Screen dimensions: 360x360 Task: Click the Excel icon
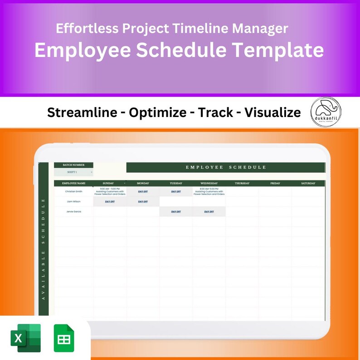(x=25, y=338)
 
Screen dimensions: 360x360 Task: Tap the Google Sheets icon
(x=63, y=338)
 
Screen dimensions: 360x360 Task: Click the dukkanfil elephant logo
(x=326, y=112)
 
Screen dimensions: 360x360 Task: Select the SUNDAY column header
(x=108, y=183)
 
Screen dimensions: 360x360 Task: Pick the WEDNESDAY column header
(x=209, y=183)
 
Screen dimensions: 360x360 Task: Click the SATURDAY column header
(x=308, y=183)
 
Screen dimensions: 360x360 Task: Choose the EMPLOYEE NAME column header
(x=73, y=183)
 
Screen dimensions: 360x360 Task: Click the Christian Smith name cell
(x=73, y=191)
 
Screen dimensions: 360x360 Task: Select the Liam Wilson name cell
(x=73, y=201)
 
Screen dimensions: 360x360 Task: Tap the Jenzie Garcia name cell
(x=73, y=211)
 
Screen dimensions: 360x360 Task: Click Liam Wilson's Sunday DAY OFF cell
(x=110, y=201)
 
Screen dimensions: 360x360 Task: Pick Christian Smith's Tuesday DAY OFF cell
(x=176, y=191)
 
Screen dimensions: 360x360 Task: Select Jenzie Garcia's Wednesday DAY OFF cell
(x=209, y=211)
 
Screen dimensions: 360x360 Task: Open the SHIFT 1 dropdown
(x=73, y=172)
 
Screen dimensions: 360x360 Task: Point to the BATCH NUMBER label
(x=73, y=165)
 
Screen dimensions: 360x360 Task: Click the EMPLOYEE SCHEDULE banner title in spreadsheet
(x=226, y=167)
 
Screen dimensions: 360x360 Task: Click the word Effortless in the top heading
(x=84, y=29)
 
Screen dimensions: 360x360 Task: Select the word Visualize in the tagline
(x=272, y=112)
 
